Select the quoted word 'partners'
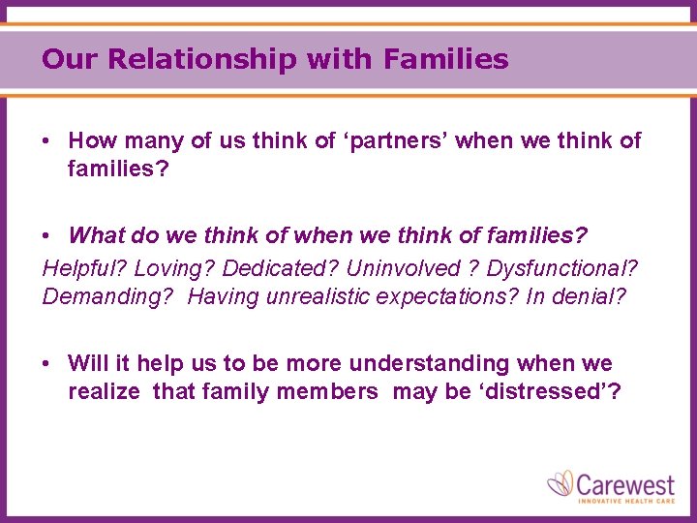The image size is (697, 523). [x=395, y=141]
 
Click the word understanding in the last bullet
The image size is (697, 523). [x=429, y=364]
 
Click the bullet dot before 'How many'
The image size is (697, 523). [x=47, y=141]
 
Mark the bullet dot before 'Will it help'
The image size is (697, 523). [x=47, y=364]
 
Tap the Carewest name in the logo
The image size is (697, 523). [x=625, y=481]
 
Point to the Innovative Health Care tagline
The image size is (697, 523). [x=625, y=501]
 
